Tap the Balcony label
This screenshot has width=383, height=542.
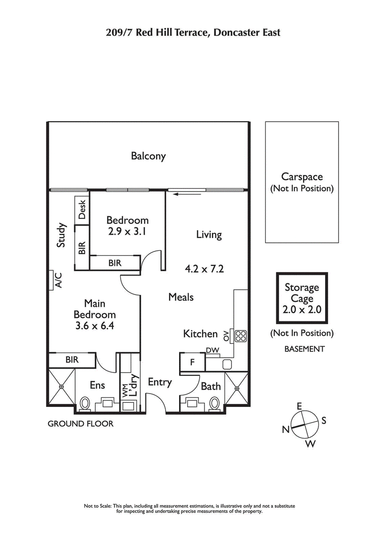pos(148,156)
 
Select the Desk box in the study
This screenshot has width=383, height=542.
pos(82,209)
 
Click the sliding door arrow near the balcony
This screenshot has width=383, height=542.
pos(184,194)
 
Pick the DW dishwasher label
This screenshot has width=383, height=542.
pos(212,351)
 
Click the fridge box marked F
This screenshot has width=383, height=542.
pos(192,362)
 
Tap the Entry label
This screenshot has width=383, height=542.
pos(159,382)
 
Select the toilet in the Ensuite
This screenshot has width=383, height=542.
pos(85,403)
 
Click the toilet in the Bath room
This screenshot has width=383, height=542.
pos(215,403)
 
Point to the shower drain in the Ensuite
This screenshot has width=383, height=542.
pos(61,386)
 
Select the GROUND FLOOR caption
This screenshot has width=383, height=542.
pos(80,424)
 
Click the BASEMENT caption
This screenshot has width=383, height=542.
pos(304,349)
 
